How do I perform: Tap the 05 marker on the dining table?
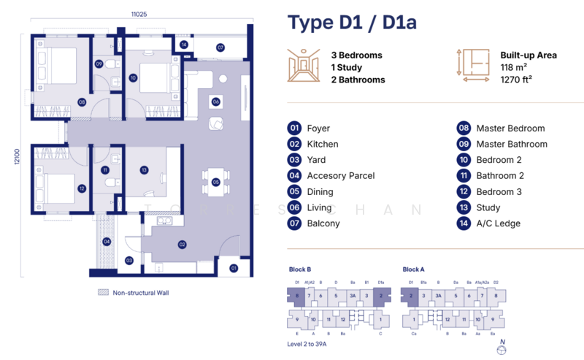pos(216,182)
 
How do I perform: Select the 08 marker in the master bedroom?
pos(82,102)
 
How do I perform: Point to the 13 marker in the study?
pos(145,170)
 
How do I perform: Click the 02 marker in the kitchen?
pos(182,245)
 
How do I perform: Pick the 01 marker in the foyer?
pos(234,268)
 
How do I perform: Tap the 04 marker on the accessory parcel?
pos(107,241)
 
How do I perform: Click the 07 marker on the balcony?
pos(220,47)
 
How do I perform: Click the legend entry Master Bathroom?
pos(511,144)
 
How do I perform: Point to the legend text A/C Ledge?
pos(498,223)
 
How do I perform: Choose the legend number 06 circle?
pos(295,207)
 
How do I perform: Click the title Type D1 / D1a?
pos(352,23)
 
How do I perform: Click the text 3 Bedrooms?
pos(356,55)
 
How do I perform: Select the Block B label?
pos(299,269)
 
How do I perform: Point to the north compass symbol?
pos(500,348)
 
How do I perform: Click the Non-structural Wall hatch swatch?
pos(102,292)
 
